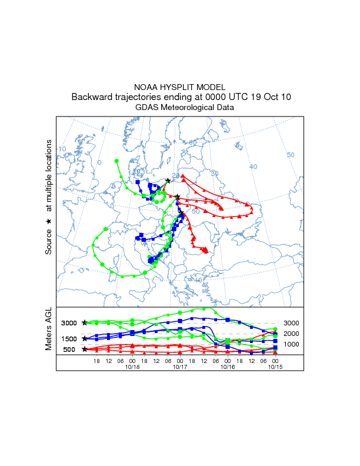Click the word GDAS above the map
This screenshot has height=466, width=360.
(x=147, y=108)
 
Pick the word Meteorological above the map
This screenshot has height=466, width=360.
(x=190, y=108)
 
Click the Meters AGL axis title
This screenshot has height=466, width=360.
(x=49, y=330)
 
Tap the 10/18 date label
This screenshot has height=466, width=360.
(x=132, y=366)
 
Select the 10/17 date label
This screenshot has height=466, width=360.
(x=180, y=366)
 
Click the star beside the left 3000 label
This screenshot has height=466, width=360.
(x=85, y=322)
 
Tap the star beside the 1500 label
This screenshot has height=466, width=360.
(x=85, y=338)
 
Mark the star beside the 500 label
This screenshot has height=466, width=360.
(x=85, y=349)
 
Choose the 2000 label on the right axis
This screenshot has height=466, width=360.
(x=292, y=334)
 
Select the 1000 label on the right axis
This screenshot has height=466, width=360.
(x=292, y=344)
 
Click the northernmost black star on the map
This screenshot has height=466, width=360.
(x=168, y=181)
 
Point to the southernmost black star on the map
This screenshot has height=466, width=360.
(x=181, y=213)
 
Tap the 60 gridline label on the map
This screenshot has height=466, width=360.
(x=192, y=143)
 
